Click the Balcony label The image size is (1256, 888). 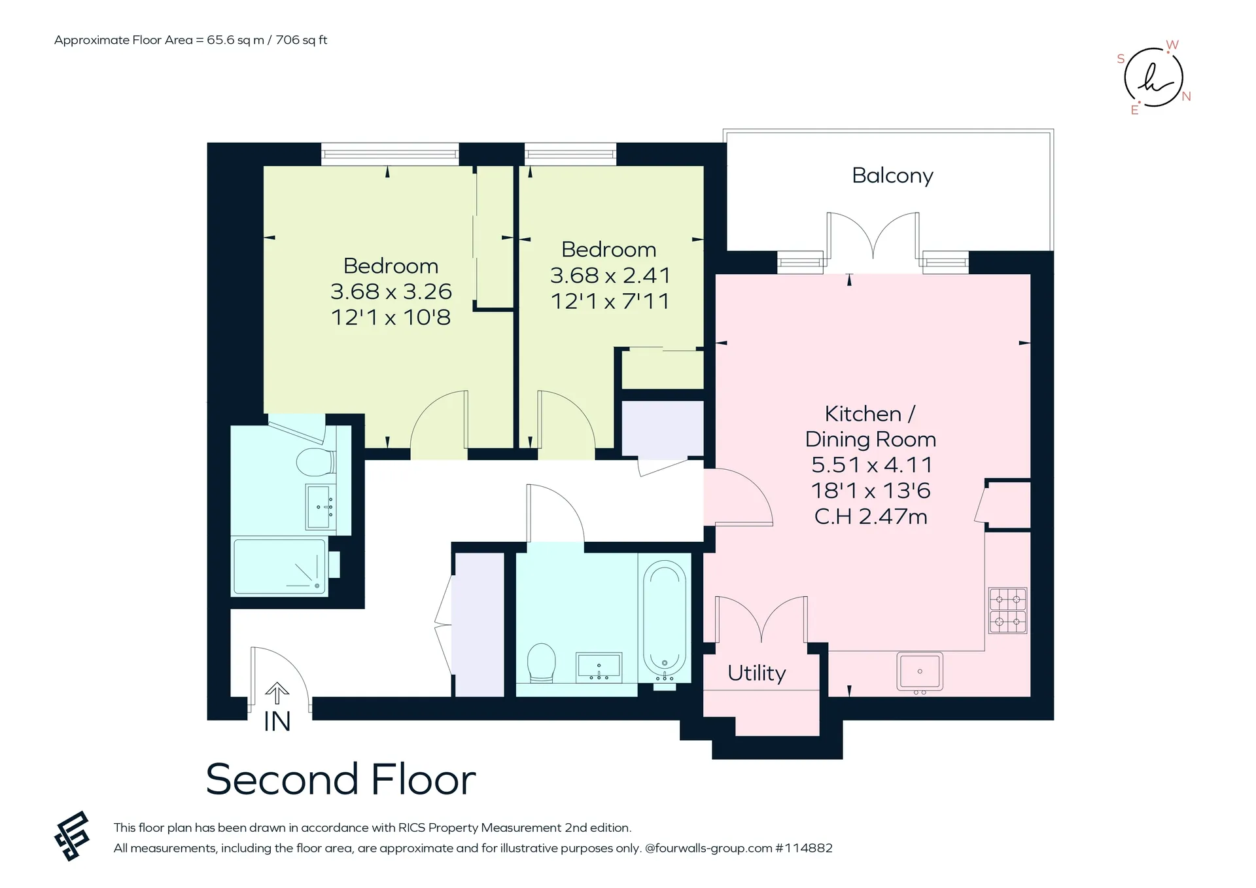point(892,176)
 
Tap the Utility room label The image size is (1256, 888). point(757,673)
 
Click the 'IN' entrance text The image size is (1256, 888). point(277,721)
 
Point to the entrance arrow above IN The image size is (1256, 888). point(277,693)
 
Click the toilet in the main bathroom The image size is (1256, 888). point(541,663)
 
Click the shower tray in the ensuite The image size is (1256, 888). point(280,567)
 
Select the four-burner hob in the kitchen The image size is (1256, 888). point(1007,611)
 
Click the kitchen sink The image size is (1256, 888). point(920,671)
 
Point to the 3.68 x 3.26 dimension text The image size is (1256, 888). point(391,291)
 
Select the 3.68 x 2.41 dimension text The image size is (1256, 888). point(610,275)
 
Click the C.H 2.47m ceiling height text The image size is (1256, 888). point(871,516)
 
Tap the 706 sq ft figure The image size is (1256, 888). point(302,40)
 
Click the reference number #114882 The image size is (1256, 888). point(804,848)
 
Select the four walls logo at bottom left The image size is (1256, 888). point(71,836)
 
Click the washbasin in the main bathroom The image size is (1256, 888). point(599,667)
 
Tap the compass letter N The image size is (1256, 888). point(1186,97)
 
